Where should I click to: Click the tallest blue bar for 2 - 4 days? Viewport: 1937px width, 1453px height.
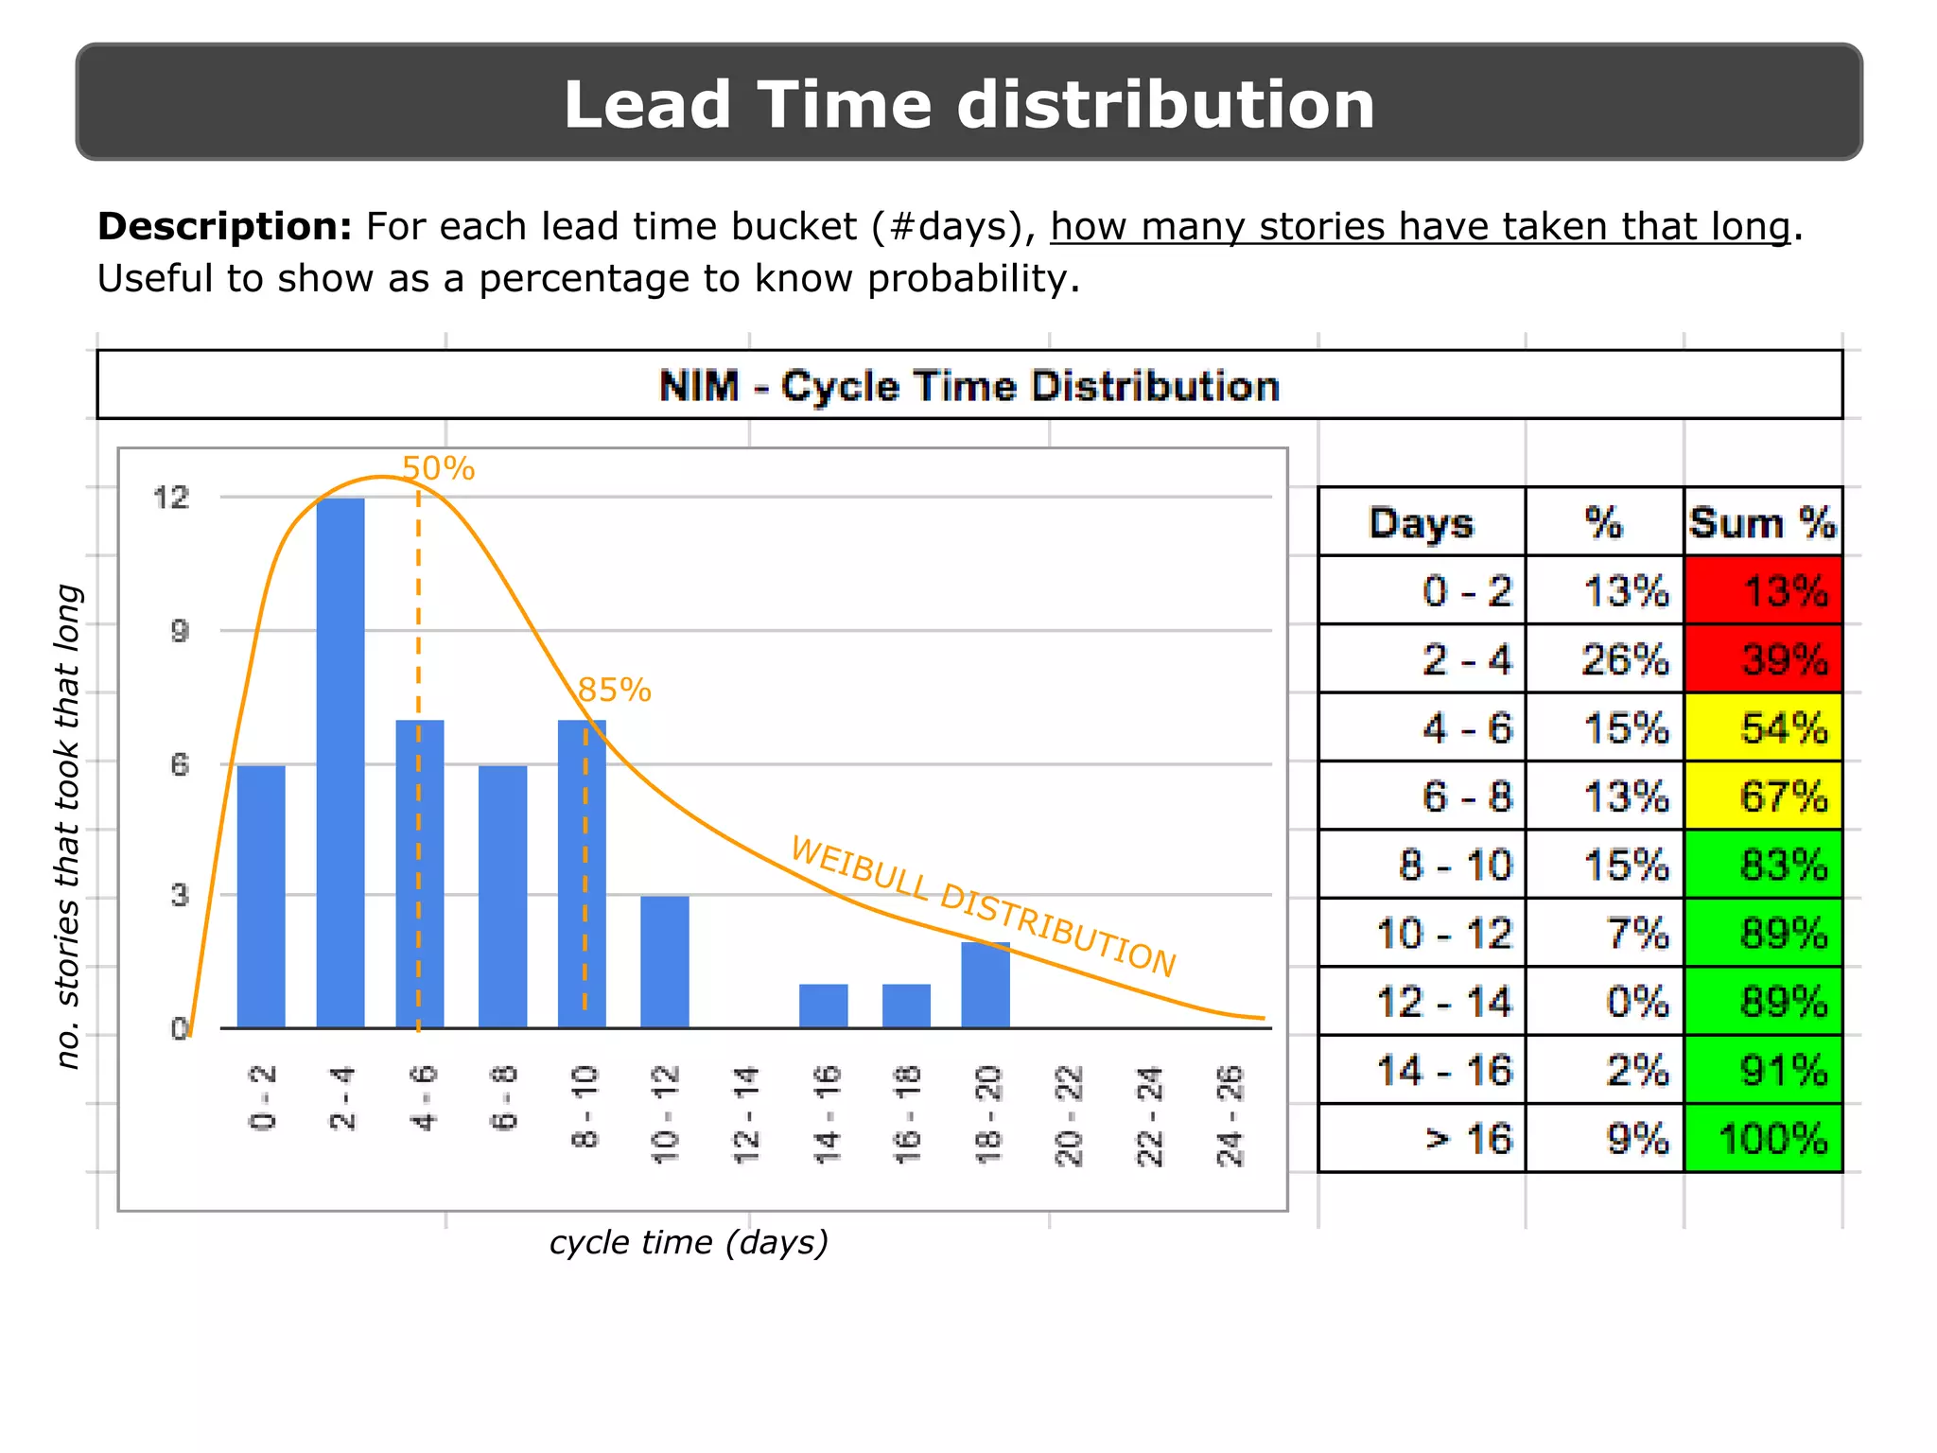coord(340,762)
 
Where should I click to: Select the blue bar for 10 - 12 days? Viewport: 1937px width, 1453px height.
coord(665,961)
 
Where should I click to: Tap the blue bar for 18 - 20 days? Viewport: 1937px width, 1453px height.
coord(986,985)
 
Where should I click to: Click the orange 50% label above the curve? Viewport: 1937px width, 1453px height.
coord(438,468)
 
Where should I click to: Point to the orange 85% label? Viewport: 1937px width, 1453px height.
coord(614,691)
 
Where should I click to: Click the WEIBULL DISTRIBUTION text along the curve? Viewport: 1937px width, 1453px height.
coord(984,905)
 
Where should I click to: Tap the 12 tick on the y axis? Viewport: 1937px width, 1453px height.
coord(171,498)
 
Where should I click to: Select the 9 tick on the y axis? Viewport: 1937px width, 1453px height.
coord(180,631)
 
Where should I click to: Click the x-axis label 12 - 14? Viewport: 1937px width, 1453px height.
coord(746,1115)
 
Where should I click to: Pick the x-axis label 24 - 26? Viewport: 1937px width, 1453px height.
coord(1230,1115)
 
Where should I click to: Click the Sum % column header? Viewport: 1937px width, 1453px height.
coord(1763,522)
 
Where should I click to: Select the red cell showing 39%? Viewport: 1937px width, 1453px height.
coord(1763,658)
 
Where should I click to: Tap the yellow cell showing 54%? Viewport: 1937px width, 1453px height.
coord(1763,727)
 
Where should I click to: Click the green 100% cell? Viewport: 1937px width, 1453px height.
coord(1763,1138)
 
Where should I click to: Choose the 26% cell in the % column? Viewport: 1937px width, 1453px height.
coord(1625,658)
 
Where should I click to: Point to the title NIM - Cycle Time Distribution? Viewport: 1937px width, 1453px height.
coord(968,386)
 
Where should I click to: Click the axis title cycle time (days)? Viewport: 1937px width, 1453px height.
coord(689,1242)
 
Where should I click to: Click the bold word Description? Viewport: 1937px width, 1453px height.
coord(225,227)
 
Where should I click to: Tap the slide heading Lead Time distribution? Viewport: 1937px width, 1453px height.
coord(968,104)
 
